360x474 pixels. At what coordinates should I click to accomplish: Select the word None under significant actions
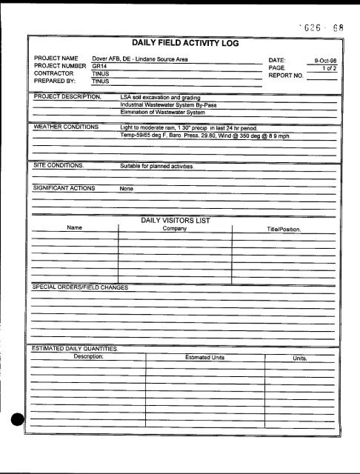(127, 188)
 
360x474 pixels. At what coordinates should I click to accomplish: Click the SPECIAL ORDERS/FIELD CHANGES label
(77, 286)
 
